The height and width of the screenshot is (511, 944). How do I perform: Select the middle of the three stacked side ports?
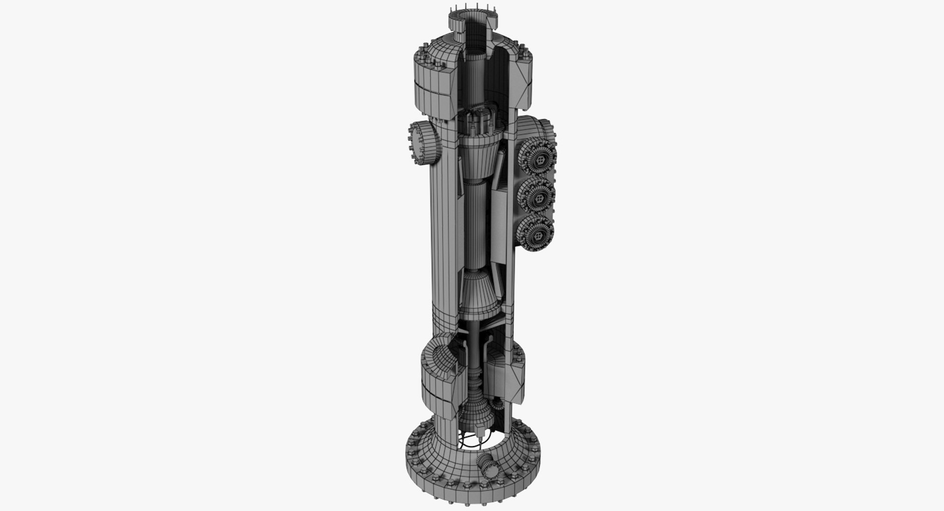point(538,198)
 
